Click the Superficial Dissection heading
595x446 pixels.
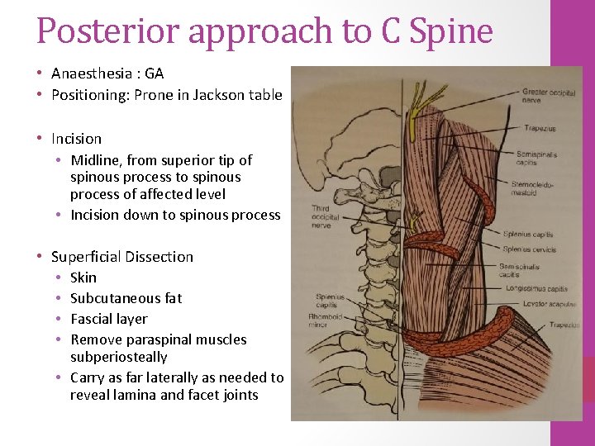point(122,257)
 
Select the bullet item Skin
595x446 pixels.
point(83,278)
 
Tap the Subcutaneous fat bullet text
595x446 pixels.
point(126,298)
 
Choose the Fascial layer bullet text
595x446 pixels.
point(109,319)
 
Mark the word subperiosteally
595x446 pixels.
point(119,357)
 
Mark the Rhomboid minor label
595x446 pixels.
point(325,320)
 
